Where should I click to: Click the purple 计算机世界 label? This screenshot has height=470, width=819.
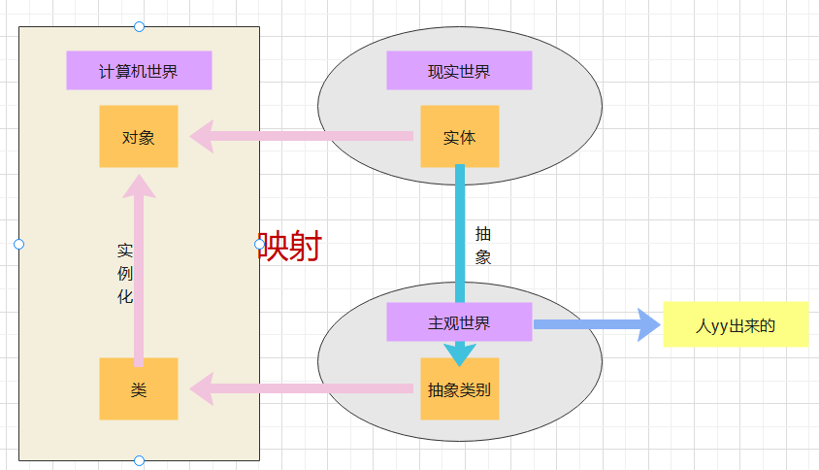[x=139, y=71]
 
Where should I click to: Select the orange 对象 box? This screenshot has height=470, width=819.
[x=139, y=136]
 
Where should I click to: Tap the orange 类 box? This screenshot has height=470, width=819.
[x=139, y=388]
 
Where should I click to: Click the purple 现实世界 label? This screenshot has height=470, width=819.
[x=459, y=71]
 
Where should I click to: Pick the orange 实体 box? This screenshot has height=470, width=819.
[x=459, y=136]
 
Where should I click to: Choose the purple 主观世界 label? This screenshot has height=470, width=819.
[x=459, y=322]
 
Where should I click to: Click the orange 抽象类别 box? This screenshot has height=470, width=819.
[x=459, y=389]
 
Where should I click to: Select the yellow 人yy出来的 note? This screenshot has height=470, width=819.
[x=736, y=324]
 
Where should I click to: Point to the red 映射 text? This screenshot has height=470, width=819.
[x=289, y=247]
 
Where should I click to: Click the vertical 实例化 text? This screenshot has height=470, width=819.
[x=125, y=273]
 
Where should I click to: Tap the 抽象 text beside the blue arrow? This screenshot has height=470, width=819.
[x=483, y=246]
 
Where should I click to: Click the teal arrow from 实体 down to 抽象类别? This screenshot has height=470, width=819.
[x=460, y=233]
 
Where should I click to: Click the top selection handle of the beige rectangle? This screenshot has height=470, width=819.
[x=139, y=26]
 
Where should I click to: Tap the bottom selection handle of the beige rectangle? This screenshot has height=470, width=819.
[x=139, y=460]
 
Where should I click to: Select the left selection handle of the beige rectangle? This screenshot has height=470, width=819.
[x=18, y=244]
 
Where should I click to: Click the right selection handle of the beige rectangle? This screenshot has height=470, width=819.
[x=259, y=244]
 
